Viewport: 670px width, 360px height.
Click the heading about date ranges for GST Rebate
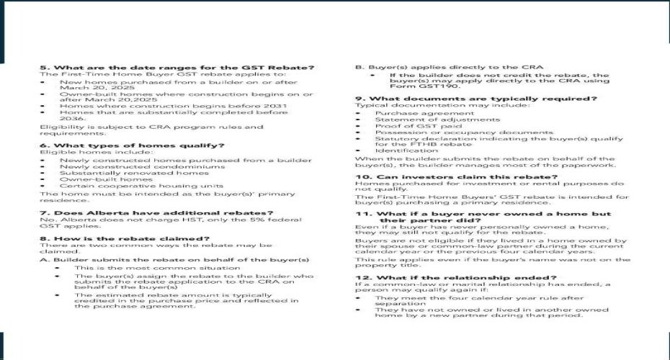(177, 68)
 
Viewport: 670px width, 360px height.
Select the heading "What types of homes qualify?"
(132, 145)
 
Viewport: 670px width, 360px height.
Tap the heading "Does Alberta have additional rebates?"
(156, 212)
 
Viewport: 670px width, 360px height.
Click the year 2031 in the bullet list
(273, 107)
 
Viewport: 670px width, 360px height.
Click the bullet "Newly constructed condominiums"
(142, 166)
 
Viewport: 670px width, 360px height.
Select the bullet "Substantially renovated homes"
(134, 173)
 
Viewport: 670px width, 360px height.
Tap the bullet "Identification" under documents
(407, 150)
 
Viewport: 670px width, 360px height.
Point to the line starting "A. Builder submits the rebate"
(174, 259)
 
